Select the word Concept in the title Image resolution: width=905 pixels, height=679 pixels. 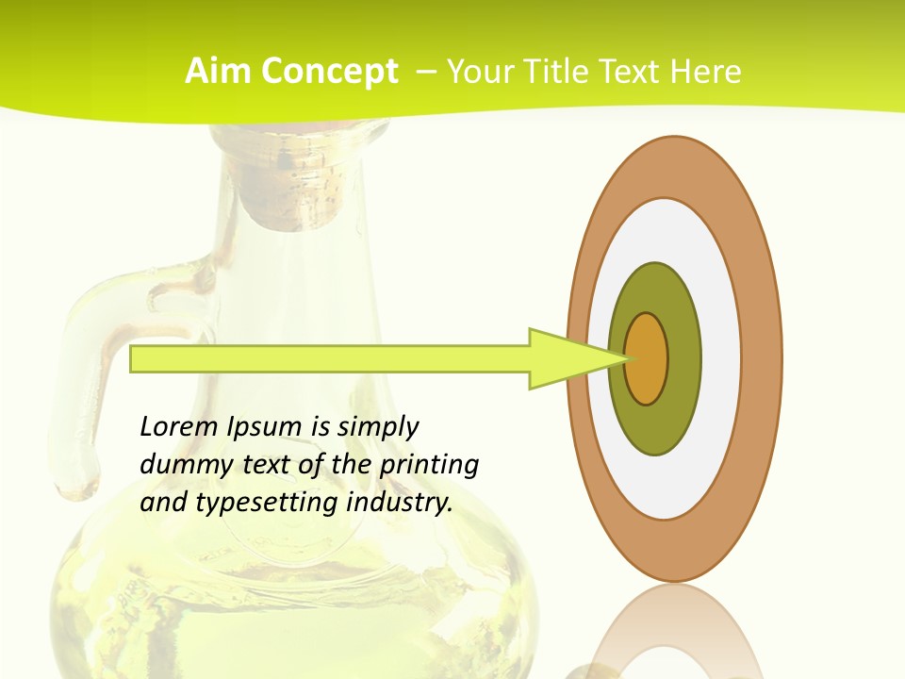[330, 72]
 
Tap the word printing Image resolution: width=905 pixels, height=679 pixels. [429, 465]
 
